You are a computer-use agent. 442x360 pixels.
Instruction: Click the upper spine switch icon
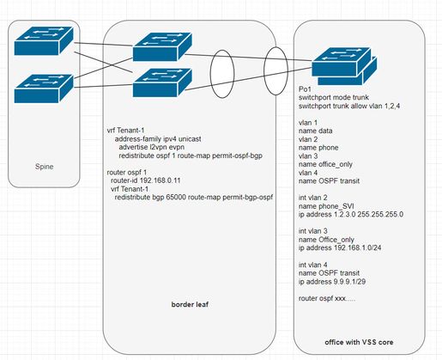(44, 40)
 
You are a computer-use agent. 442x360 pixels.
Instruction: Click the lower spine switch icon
(44, 88)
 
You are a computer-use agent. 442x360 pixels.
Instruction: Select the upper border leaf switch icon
(162, 47)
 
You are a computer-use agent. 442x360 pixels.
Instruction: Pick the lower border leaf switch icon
(162, 82)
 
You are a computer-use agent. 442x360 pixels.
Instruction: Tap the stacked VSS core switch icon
(344, 66)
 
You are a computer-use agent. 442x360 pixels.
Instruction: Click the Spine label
(44, 167)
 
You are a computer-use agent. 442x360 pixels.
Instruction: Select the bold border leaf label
(190, 304)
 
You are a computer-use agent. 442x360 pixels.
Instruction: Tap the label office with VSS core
(359, 342)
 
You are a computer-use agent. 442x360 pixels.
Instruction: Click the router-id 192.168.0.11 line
(146, 180)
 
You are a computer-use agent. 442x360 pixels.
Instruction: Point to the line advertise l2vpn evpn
(152, 147)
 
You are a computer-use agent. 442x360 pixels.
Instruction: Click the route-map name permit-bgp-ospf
(248, 198)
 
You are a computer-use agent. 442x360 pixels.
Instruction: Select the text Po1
(305, 89)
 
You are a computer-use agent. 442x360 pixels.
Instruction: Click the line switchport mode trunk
(334, 97)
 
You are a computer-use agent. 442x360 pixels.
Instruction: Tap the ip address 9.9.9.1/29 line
(332, 282)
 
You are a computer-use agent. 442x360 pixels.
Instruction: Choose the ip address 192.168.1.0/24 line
(340, 247)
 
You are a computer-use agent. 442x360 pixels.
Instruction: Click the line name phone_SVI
(326, 206)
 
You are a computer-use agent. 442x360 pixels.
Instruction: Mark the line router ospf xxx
(327, 298)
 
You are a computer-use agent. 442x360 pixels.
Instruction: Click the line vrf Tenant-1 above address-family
(125, 131)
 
